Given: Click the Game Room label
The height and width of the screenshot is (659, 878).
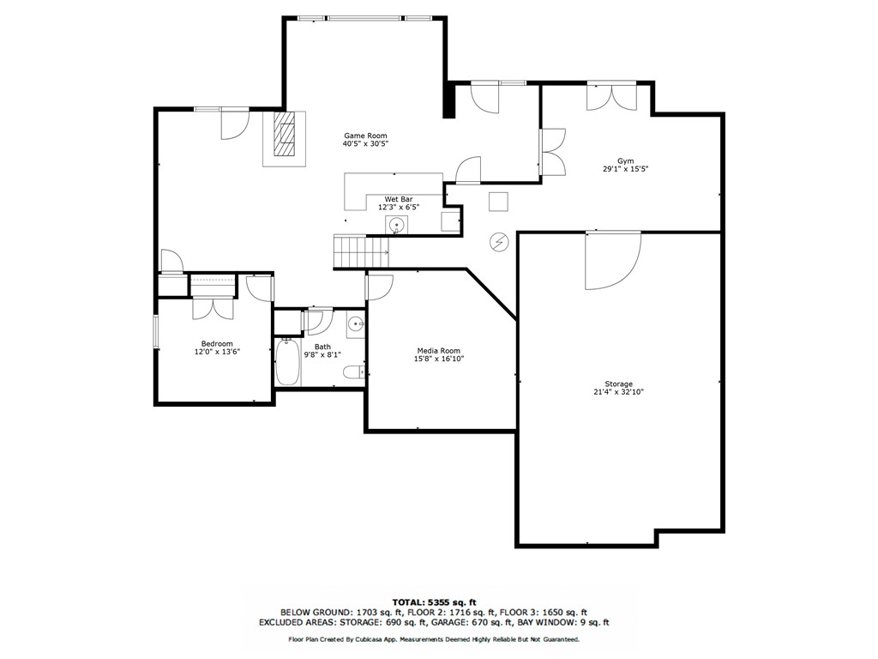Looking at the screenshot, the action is tap(365, 136).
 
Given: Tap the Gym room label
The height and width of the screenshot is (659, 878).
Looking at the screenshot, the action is tap(625, 160).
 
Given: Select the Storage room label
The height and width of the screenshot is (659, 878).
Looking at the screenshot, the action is tap(618, 384).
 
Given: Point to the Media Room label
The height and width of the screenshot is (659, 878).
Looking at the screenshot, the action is tap(438, 351).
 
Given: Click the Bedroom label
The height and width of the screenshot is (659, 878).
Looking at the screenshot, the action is tap(217, 343).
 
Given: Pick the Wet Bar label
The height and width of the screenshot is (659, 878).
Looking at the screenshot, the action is tap(398, 199).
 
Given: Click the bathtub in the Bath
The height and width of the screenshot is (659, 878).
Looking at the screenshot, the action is tap(287, 362).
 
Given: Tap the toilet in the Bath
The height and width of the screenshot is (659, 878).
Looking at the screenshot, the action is tap(354, 372).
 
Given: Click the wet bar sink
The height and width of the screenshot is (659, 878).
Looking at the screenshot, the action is tap(396, 226).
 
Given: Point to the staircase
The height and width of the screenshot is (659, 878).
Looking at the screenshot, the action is tap(362, 251).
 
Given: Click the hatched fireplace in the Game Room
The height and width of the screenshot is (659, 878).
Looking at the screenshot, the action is tap(285, 135).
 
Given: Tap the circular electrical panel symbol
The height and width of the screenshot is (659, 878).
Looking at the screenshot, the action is tap(498, 242).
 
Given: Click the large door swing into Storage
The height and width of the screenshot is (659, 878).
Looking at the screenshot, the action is tap(612, 261).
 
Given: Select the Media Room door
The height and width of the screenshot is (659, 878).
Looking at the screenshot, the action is tap(379, 287).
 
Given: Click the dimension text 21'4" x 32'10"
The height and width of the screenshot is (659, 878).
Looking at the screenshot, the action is tap(618, 392).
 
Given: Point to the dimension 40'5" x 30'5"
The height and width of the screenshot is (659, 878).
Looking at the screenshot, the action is tap(365, 144).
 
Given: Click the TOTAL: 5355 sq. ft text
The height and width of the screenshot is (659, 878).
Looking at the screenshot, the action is tap(434, 602).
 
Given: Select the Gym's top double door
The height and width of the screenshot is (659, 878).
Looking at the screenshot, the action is tap(611, 97).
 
